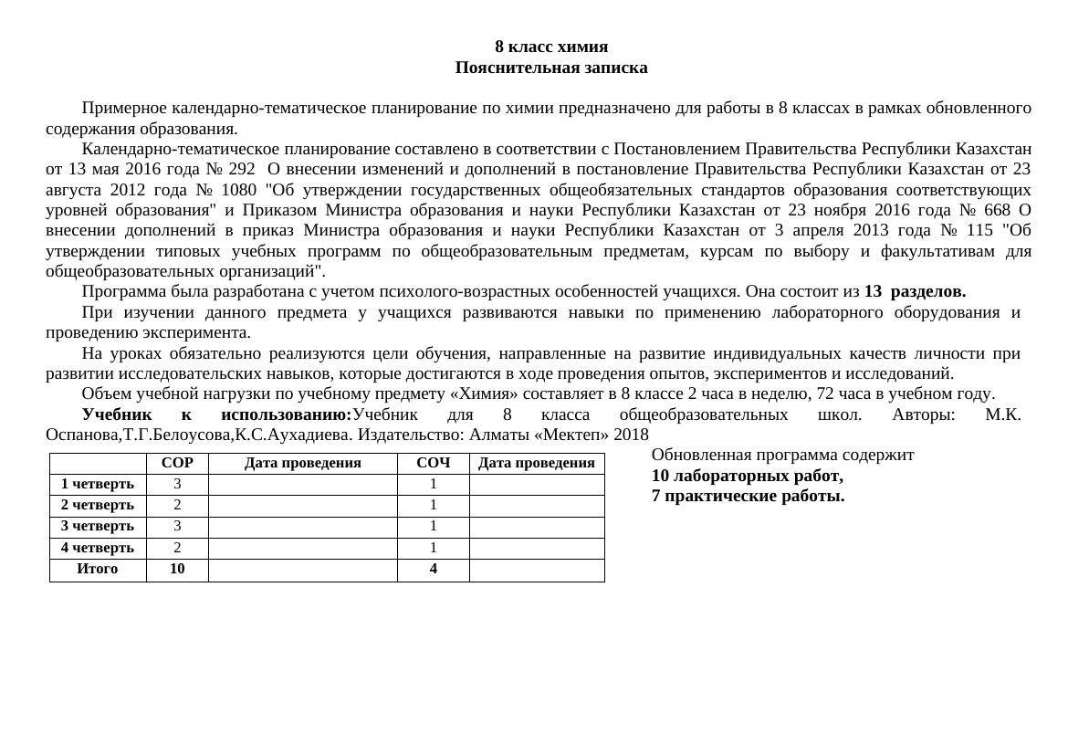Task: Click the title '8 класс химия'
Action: point(550,47)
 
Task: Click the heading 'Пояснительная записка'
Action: point(550,68)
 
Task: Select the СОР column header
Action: point(177,463)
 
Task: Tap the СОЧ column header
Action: point(433,463)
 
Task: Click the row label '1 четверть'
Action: point(98,484)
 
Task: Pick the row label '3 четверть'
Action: point(98,527)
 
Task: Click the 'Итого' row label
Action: point(98,569)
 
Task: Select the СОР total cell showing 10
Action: point(177,569)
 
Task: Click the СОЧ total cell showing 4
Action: point(433,569)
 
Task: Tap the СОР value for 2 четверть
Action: point(177,505)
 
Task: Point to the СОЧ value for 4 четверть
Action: point(433,548)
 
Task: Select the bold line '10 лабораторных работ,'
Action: point(747,476)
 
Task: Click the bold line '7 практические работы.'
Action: point(747,496)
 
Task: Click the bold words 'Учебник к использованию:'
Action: point(216,414)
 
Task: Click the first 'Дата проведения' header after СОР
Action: point(302,463)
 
